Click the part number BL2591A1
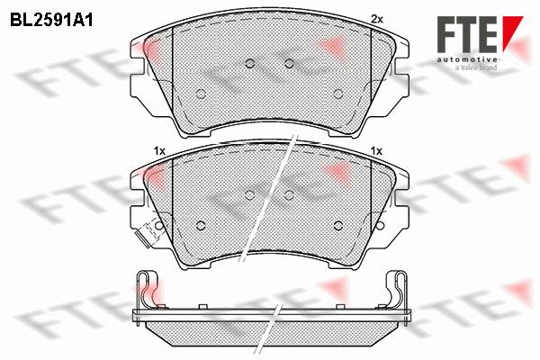click(x=51, y=21)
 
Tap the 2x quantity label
click(x=377, y=19)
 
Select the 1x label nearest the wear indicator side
click(x=159, y=150)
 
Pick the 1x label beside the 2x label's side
click(x=376, y=150)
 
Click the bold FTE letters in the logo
click(x=467, y=34)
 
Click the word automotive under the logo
click(x=467, y=59)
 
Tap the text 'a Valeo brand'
click(x=476, y=67)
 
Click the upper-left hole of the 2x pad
click(x=250, y=63)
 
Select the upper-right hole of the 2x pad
click(x=289, y=63)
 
